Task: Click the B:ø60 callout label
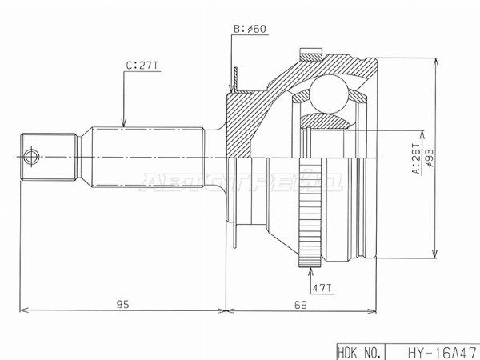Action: coord(250,29)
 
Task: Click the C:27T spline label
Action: coord(142,66)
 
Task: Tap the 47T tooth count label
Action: coord(322,288)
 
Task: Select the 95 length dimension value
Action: coord(122,304)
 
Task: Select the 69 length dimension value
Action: coord(300,305)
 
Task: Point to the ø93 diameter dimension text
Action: coord(430,158)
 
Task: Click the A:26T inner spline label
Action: coord(417,158)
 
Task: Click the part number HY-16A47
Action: coord(442,353)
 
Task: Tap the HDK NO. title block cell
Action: coord(360,352)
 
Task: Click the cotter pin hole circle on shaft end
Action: coord(31,158)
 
